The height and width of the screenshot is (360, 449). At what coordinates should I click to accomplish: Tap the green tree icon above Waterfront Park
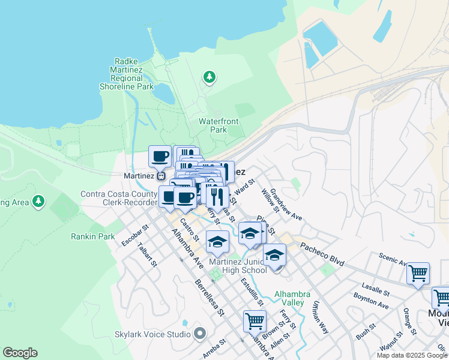pos(209,76)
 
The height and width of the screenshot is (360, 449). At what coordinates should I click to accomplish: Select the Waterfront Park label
pos(218,125)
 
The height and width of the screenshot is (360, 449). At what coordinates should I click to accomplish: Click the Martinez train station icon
pos(161,176)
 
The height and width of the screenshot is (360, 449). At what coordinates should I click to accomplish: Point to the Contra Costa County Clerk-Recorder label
pos(119,199)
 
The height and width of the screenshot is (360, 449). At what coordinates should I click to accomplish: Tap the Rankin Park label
pos(92,236)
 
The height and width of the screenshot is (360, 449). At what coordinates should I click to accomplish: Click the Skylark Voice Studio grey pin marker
pos(200,333)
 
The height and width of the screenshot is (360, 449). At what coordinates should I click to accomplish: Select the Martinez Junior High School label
pos(238,266)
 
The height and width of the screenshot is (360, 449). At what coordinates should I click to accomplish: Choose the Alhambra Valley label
pos(292,298)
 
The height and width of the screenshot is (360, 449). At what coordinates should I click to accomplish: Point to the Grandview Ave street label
pos(286,204)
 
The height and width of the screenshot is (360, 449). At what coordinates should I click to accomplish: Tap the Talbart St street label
pos(146,254)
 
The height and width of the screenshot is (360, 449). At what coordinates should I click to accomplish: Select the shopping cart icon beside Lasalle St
pos(418,274)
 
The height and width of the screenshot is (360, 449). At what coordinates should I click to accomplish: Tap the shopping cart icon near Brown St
pos(255,321)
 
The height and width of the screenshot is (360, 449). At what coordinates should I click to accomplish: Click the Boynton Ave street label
pos(372,302)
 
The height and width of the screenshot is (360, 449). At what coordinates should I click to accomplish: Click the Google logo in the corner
pos(20,353)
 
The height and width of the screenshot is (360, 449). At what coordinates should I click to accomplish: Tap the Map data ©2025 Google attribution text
pos(412,355)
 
